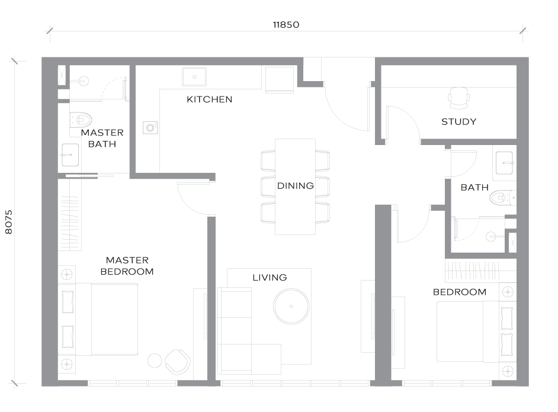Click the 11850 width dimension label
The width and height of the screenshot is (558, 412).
pos(286,25)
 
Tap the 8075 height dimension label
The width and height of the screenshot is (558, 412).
pos(9,222)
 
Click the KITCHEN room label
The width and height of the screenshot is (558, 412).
pos(210,99)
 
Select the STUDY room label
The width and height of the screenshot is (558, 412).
pos(458,121)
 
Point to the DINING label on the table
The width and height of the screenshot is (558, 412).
pos(296,185)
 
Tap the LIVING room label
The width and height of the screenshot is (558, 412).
pos(270,277)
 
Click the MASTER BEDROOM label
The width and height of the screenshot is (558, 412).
pos(127,266)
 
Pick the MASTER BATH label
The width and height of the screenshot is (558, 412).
pos(102,139)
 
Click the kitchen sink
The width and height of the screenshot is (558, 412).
pos(194,77)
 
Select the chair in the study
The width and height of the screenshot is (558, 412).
pos(458,98)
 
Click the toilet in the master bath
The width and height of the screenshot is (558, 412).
pos(81,120)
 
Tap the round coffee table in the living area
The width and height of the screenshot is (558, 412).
pos(291,307)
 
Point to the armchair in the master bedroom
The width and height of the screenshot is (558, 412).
pos(177,362)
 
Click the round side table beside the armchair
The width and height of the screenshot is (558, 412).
pos(155,360)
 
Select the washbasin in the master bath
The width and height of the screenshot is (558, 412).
pos(70,155)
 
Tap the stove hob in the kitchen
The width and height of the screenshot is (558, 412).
pos(150,127)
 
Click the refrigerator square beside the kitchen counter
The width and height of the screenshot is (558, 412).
pos(280,79)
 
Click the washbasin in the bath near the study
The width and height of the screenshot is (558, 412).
pos(505,163)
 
